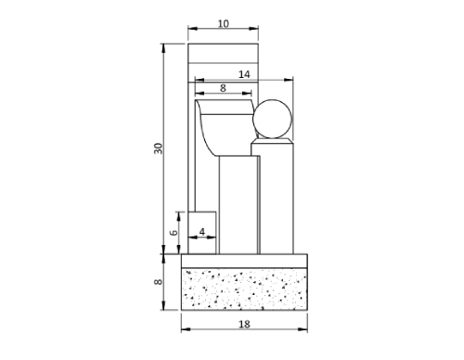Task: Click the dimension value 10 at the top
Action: [223, 23]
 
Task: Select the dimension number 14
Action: [243, 73]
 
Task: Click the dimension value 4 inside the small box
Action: [202, 230]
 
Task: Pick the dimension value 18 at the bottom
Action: [243, 325]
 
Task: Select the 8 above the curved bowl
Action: [224, 87]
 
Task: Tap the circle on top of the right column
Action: [273, 119]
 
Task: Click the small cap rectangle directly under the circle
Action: [273, 148]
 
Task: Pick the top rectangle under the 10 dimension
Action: [223, 53]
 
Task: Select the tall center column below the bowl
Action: [238, 204]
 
